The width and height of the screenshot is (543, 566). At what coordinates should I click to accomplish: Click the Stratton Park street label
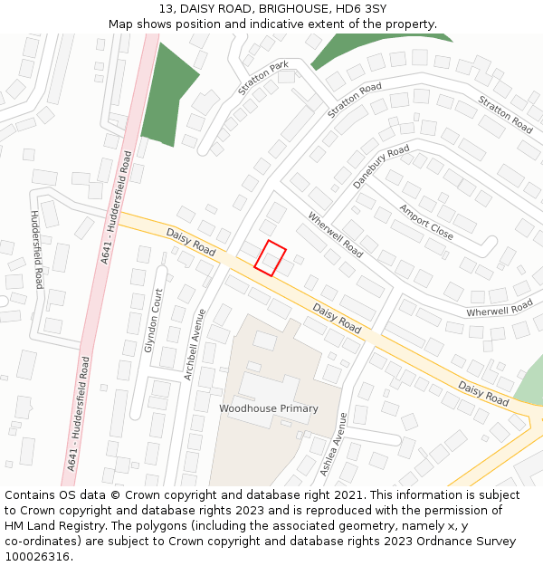click(263, 78)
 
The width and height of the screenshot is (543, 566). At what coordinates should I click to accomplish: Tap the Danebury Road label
click(381, 166)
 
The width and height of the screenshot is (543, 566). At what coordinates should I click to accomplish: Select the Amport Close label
click(426, 222)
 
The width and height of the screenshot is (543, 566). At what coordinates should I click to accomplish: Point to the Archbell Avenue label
click(195, 344)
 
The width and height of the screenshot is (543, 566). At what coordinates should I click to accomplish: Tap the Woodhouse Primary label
click(269, 408)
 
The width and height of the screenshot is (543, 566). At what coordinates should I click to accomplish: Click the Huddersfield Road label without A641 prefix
click(36, 249)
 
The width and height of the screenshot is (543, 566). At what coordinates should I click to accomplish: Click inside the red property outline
click(270, 257)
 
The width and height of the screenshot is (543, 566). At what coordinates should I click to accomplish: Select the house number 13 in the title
click(166, 8)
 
